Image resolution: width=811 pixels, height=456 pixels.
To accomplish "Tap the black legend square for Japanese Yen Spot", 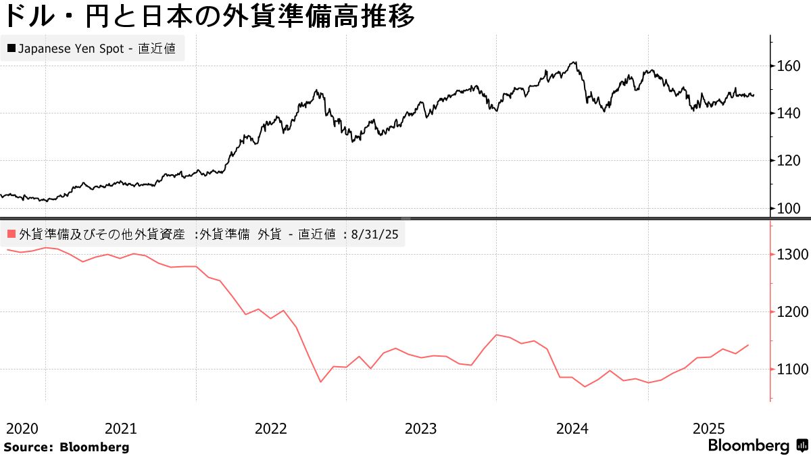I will point(11,49).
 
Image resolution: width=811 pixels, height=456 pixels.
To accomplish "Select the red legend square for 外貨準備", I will point(11,234).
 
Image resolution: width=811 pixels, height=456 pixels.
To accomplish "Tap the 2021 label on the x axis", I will point(121,428).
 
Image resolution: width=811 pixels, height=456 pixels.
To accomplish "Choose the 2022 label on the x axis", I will point(271,428).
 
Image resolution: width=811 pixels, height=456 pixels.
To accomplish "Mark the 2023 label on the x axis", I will point(421,428).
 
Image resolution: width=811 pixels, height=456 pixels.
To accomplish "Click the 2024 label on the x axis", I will point(572,428).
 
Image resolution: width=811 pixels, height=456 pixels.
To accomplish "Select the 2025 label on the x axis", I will point(710,428).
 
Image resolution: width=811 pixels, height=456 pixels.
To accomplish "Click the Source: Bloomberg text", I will point(66,447).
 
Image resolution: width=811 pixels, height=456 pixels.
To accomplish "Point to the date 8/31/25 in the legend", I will point(374,234).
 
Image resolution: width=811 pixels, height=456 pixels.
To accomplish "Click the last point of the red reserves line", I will point(748,345).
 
